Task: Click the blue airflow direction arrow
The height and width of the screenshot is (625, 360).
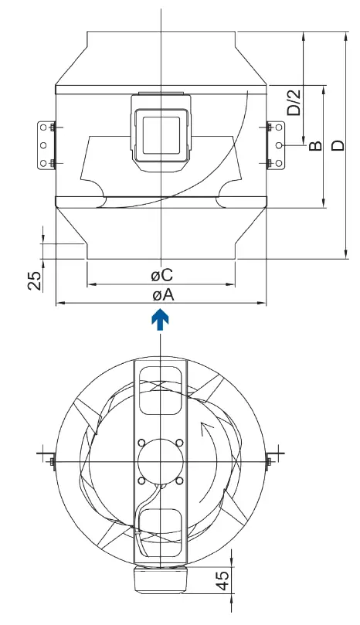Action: point(159,320)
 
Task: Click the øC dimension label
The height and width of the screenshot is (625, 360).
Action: point(161,275)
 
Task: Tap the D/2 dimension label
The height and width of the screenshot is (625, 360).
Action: point(294,100)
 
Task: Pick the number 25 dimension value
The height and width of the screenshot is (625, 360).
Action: point(35,280)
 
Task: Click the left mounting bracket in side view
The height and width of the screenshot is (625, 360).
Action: point(45,144)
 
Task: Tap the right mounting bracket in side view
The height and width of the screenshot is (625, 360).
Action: point(274,144)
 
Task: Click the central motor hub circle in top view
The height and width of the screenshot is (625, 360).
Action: point(160,462)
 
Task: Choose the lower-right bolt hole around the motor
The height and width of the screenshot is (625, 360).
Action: point(179,481)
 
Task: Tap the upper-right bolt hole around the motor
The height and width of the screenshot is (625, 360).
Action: point(179,443)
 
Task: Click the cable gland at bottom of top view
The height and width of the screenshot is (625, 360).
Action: point(160,576)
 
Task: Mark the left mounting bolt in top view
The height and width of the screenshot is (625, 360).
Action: point(51,462)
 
